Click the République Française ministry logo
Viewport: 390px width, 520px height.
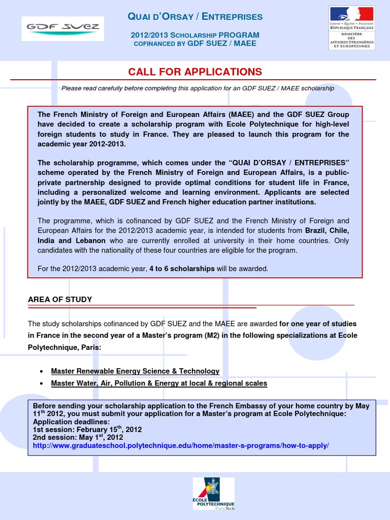(351, 27)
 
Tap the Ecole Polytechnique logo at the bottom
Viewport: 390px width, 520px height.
(213, 493)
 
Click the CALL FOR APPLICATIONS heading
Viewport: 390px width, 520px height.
(195, 72)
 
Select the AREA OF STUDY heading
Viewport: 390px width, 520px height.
(60, 300)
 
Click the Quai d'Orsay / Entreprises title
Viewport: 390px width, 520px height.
(195, 17)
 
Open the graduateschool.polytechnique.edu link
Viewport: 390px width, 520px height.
(181, 445)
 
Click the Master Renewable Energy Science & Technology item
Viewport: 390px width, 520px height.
(135, 371)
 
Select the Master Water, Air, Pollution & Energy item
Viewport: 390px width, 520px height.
(159, 383)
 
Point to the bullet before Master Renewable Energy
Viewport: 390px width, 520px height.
(41, 372)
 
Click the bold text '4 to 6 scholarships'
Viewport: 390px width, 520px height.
(182, 269)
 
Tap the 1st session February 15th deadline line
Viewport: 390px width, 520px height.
(87, 430)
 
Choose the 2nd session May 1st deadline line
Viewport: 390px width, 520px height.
(78, 437)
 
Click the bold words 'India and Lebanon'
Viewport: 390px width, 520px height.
(72, 241)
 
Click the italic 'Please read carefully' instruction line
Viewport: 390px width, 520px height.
(198, 88)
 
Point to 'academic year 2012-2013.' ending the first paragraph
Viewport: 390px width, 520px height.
(81, 144)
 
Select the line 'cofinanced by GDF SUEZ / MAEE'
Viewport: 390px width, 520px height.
(195, 44)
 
